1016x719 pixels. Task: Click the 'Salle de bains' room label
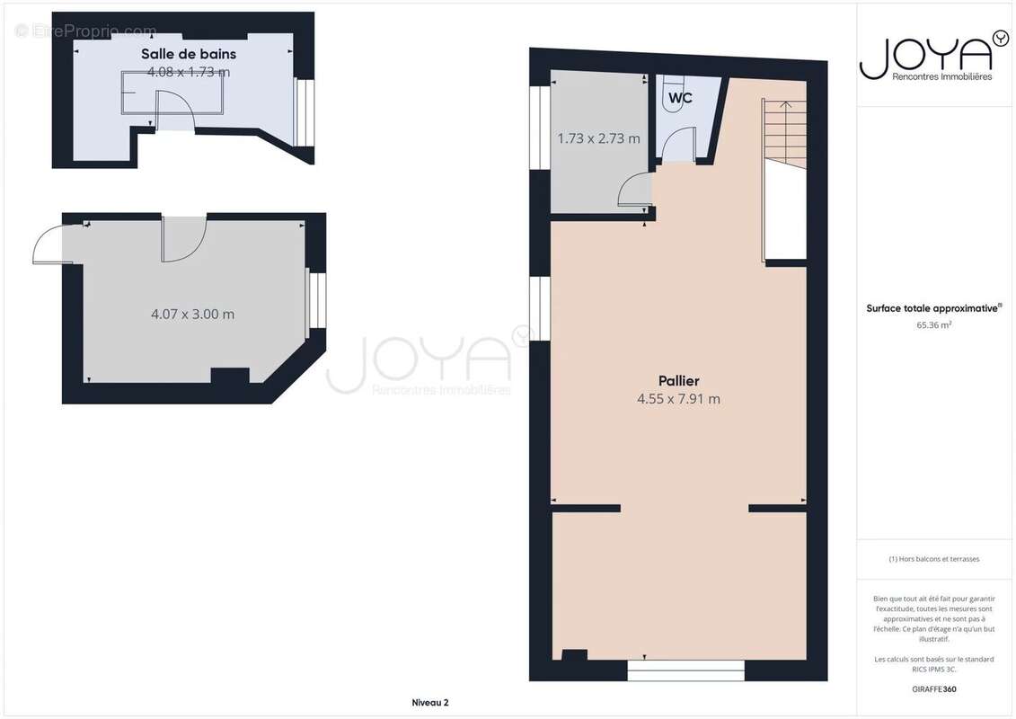pyautogui.click(x=189, y=54)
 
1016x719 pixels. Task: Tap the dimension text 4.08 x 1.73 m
pyautogui.click(x=189, y=72)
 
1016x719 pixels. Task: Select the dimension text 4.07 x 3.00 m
pyautogui.click(x=193, y=315)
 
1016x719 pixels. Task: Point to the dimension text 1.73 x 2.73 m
pyautogui.click(x=599, y=138)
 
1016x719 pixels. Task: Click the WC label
pyautogui.click(x=681, y=98)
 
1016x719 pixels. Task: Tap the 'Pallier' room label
pyautogui.click(x=678, y=381)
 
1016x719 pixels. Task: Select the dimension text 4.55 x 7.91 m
pyautogui.click(x=678, y=399)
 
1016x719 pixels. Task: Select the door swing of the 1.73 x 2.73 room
pyautogui.click(x=634, y=191)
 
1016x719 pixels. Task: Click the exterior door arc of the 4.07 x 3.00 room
pyautogui.click(x=50, y=244)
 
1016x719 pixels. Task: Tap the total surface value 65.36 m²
pyautogui.click(x=934, y=325)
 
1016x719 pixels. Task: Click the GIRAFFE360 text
pyautogui.click(x=934, y=689)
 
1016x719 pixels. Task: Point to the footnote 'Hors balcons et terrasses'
pyautogui.click(x=934, y=559)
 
